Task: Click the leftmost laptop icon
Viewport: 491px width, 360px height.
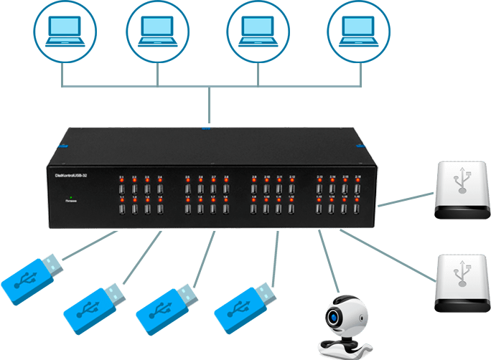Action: [63, 30]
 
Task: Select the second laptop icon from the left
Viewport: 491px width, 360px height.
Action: [157, 30]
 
